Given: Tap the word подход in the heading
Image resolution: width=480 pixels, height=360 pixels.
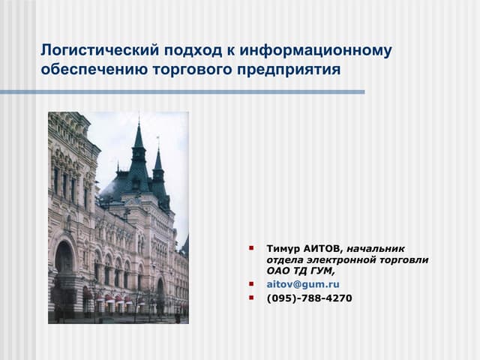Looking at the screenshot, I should (x=187, y=51).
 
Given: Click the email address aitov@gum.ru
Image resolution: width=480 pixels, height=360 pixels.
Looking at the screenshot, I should (x=303, y=284).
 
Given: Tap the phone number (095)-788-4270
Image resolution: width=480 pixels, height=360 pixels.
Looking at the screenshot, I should (x=309, y=298).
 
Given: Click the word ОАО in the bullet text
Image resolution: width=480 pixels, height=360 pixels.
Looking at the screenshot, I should (x=278, y=271).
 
